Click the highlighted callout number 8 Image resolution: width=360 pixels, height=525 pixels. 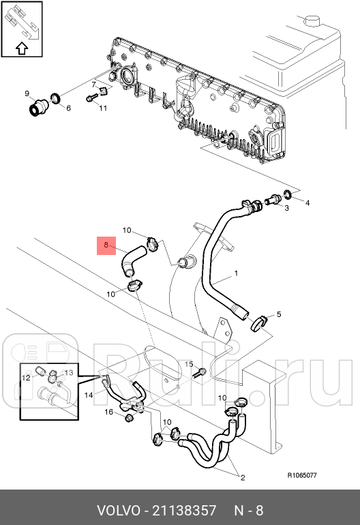pos(106,244)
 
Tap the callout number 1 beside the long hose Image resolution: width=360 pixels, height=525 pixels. pos(236,274)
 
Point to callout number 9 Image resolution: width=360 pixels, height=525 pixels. pos(27,93)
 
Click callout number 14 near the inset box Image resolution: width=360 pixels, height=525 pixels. pos(89,395)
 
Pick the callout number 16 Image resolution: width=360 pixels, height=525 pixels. pos(108,412)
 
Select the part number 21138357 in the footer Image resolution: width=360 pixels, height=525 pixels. pos(185,510)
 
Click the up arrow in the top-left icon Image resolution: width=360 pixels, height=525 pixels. pos(20,48)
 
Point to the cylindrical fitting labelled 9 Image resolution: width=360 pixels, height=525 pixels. pos(38,107)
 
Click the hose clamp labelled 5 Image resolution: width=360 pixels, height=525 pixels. pos(259,321)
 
